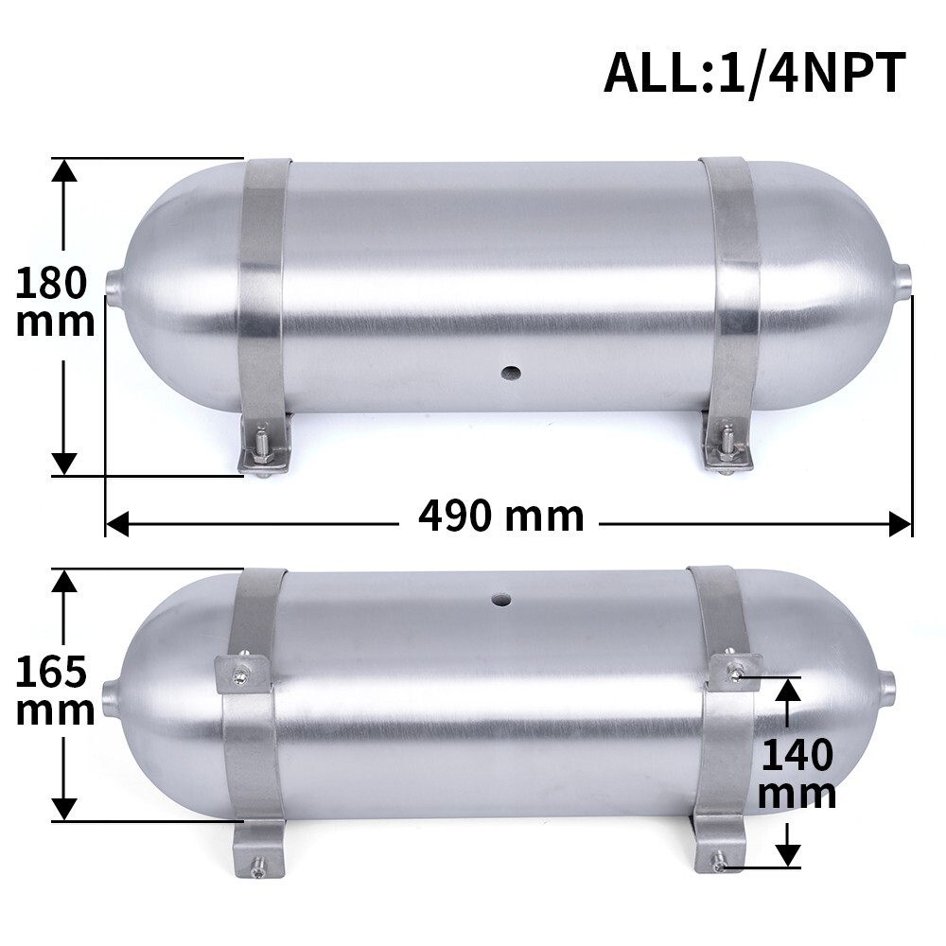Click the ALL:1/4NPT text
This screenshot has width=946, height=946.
[754, 74]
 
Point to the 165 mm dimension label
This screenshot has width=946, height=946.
[55, 691]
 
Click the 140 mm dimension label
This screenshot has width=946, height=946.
[797, 775]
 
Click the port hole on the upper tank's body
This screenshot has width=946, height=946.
[511, 372]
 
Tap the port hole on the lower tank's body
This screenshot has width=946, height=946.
[499, 598]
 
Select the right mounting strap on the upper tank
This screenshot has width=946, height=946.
[731, 293]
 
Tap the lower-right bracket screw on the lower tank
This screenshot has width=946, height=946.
[721, 863]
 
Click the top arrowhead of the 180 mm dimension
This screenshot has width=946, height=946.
[63, 170]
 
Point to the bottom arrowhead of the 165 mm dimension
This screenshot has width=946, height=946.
[63, 809]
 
